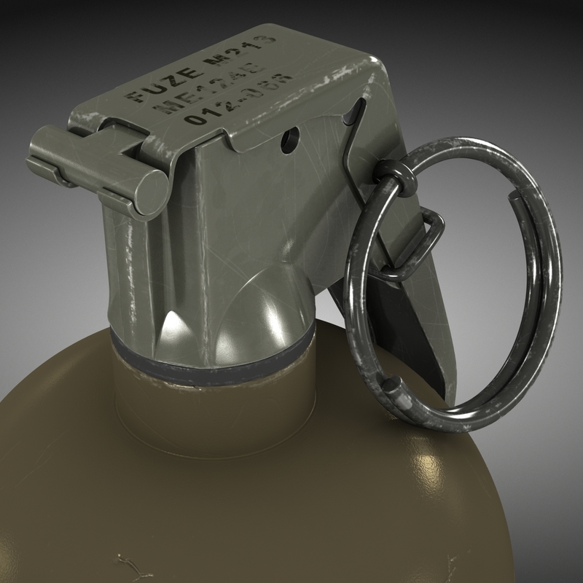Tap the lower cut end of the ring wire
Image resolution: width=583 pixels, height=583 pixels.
(x=394, y=386)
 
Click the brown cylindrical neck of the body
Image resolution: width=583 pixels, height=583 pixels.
(x=211, y=408)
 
